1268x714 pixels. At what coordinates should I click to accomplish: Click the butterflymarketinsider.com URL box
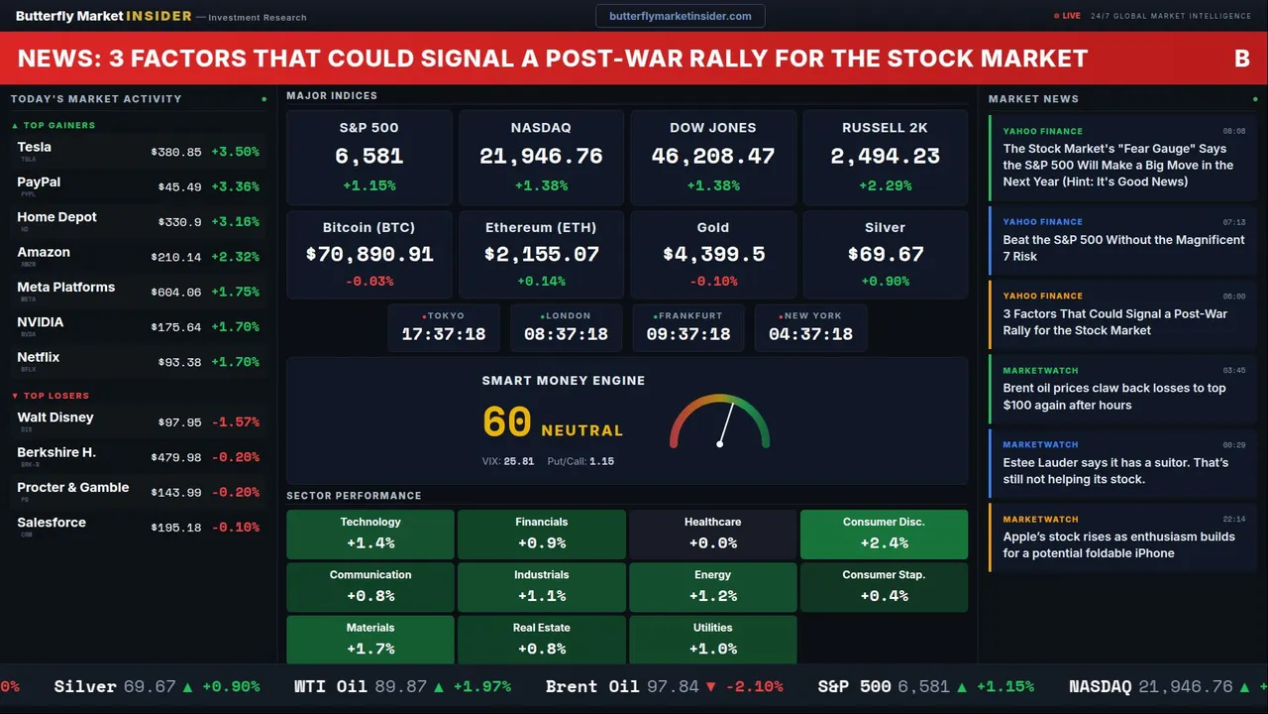[680, 16]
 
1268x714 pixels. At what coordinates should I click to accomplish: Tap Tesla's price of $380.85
[176, 153]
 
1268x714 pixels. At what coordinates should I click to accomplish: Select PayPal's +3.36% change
[235, 187]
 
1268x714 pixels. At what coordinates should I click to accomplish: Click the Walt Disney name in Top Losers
[55, 417]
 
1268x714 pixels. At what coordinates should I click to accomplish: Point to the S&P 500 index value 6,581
[369, 156]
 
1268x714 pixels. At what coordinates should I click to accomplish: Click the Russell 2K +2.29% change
[885, 185]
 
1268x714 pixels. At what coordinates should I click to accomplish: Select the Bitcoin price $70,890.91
[369, 255]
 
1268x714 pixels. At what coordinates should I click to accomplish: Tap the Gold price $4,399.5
[713, 255]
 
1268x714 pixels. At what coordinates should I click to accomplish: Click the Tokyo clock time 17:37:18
[444, 334]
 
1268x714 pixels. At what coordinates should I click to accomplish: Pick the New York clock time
[810, 334]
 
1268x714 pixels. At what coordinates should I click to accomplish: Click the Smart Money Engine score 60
[507, 422]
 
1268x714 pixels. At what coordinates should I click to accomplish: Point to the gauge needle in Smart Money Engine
[726, 423]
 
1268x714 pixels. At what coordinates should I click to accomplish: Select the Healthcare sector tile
[712, 534]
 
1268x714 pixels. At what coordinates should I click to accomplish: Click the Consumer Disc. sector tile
[884, 534]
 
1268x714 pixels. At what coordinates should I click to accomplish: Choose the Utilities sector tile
[712, 640]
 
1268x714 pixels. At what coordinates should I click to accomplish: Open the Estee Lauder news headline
[1115, 471]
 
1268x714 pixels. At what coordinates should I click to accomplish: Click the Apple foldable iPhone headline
[1118, 545]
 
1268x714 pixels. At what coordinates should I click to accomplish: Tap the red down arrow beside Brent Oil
[710, 686]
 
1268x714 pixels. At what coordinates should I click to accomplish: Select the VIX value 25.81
[518, 461]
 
